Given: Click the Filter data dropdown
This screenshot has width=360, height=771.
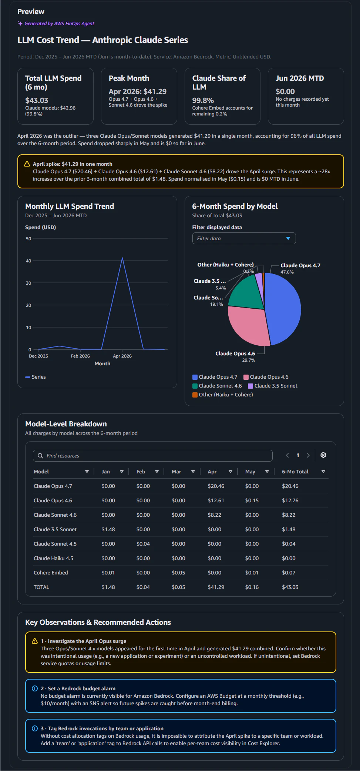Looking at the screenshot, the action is click(x=244, y=238).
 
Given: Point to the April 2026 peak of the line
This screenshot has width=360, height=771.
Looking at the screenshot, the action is click(x=122, y=258).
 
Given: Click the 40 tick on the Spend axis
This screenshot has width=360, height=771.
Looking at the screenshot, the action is click(x=28, y=261).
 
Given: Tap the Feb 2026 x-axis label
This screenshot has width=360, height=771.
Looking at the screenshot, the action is click(x=80, y=356).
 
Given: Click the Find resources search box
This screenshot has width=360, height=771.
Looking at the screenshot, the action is click(x=153, y=456).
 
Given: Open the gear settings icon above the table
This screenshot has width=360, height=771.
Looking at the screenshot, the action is click(x=323, y=455).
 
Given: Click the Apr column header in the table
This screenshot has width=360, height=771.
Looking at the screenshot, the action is click(x=212, y=472).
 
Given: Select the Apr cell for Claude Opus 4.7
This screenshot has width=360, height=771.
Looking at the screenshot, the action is click(x=216, y=486).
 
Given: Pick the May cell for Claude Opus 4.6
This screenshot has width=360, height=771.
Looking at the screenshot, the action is click(x=252, y=500).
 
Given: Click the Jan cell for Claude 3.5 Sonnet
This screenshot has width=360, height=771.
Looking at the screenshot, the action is click(x=108, y=529).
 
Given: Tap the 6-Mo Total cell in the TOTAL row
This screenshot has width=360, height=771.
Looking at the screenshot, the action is click(x=290, y=587).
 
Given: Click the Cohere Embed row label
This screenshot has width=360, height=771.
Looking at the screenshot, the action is click(x=51, y=573).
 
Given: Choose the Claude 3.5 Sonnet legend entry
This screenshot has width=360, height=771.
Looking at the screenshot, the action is click(x=273, y=386).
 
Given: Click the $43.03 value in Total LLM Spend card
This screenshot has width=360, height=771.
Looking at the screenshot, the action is click(x=37, y=100).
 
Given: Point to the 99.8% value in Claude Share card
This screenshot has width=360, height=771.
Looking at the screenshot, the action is click(x=203, y=100).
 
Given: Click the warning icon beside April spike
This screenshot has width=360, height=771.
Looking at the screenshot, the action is click(x=27, y=164).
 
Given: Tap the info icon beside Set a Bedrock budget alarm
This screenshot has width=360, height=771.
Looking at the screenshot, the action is click(x=35, y=688).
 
